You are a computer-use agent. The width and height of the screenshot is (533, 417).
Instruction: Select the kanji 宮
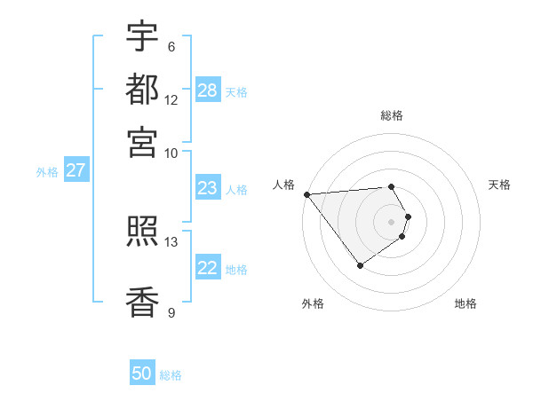(142, 141)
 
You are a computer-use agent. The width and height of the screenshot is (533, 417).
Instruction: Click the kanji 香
(142, 302)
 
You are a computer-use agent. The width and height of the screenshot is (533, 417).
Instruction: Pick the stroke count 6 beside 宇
(171, 47)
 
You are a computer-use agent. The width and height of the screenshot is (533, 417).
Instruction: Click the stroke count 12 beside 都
(171, 100)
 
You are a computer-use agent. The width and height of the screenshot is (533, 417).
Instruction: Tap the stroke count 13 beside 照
(171, 241)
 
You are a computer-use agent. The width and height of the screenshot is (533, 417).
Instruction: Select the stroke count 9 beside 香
(171, 312)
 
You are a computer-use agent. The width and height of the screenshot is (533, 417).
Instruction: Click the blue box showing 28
(208, 90)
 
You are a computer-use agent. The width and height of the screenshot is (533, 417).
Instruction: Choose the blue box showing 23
(208, 188)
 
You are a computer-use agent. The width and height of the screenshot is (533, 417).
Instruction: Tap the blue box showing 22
(208, 268)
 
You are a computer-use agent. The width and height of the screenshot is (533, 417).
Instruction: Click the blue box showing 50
(142, 374)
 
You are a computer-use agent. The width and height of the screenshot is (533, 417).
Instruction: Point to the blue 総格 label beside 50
(171, 375)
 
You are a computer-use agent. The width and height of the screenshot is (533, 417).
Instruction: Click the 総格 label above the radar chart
(392, 115)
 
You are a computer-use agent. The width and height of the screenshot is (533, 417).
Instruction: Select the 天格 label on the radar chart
(499, 185)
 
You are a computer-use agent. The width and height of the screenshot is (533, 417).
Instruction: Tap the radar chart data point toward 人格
(306, 194)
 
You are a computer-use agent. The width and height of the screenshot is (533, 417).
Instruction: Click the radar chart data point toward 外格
(360, 265)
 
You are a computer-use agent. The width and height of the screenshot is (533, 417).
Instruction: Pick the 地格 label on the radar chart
(465, 303)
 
